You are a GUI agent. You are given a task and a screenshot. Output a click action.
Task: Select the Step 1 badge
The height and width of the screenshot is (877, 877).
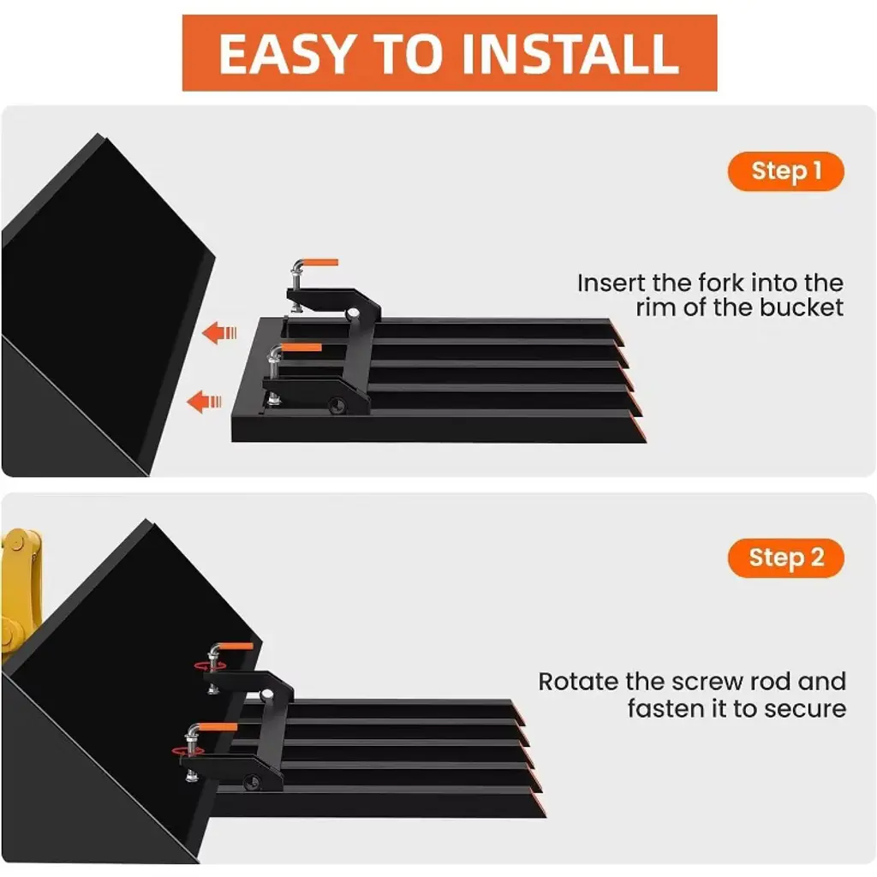point(786,171)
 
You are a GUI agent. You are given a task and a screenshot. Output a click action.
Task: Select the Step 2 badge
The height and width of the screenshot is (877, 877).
point(786,558)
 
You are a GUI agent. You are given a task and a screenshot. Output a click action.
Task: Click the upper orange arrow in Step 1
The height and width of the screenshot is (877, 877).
point(219,333)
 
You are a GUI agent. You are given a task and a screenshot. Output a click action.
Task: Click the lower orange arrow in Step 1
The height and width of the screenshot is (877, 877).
point(204,402)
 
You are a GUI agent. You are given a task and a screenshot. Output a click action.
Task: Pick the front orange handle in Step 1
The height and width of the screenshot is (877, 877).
point(302,348)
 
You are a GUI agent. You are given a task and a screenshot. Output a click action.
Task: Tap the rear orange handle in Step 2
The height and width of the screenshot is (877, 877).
point(236,647)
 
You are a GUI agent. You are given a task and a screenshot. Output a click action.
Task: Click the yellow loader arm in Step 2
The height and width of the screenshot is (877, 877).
point(21,593)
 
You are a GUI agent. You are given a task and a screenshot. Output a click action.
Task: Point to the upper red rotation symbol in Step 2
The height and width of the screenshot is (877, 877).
point(211,665)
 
